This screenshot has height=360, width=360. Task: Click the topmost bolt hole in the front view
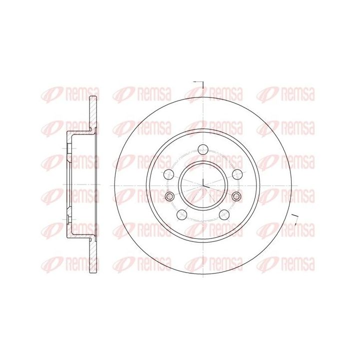[203, 150]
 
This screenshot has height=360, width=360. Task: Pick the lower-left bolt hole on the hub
[182, 214]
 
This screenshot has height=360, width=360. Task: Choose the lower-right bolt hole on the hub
[224, 214]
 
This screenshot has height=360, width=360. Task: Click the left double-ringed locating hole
[169, 196]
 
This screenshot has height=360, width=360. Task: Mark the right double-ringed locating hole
[236, 196]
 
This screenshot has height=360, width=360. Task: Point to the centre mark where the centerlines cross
[203, 185]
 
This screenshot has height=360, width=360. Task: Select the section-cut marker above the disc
[199, 84]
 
